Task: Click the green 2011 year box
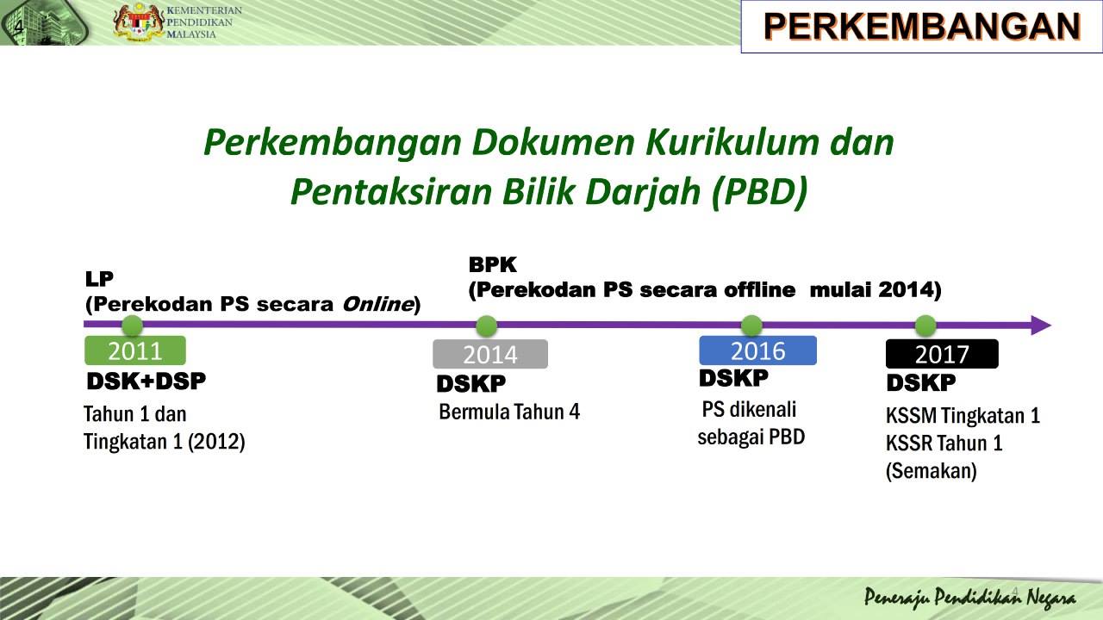coord(135,350)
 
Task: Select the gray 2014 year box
coord(490,354)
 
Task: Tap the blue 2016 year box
coord(757,350)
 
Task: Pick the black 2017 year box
coord(942,354)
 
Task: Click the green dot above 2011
coord(132,325)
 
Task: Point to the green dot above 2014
coord(487,325)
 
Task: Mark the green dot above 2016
coord(751,325)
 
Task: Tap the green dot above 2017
coord(925,325)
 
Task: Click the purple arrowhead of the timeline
coord(1041,325)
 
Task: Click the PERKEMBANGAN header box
coord(921,27)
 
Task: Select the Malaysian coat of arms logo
coord(139,22)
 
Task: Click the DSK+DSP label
coord(146,381)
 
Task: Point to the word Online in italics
coord(378,304)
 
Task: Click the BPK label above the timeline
coord(492,264)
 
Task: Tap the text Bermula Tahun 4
coord(509,412)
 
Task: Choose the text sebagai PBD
coord(751,437)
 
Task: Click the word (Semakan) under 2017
coord(932,471)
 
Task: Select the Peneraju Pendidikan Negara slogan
coord(970,598)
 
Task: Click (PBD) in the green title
coord(759,191)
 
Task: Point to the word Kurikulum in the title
coord(732,142)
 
